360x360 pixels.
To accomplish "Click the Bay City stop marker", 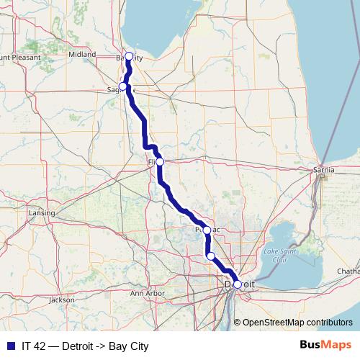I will tap(129, 56).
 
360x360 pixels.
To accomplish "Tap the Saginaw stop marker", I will tap(122, 87).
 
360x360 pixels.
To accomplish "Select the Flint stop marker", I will tap(160, 162).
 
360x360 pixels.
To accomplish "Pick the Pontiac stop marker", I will tap(207, 230).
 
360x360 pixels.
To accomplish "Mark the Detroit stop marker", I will tap(237, 284).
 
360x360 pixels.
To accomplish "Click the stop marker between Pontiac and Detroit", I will tap(211, 256).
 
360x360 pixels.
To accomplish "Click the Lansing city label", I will tap(37, 214).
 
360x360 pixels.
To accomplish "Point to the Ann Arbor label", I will tap(148, 294).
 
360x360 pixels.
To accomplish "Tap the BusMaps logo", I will tap(325, 346).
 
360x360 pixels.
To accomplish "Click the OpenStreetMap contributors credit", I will tap(297, 323).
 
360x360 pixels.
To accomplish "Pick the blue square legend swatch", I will tap(10, 346).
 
